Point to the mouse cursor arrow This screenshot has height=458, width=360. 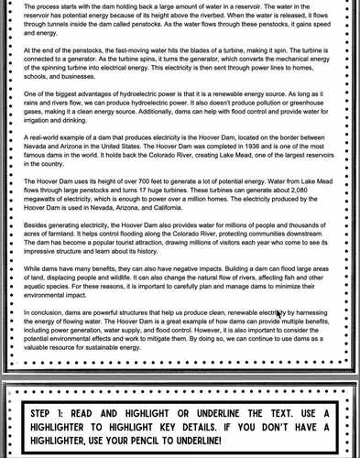279,315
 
